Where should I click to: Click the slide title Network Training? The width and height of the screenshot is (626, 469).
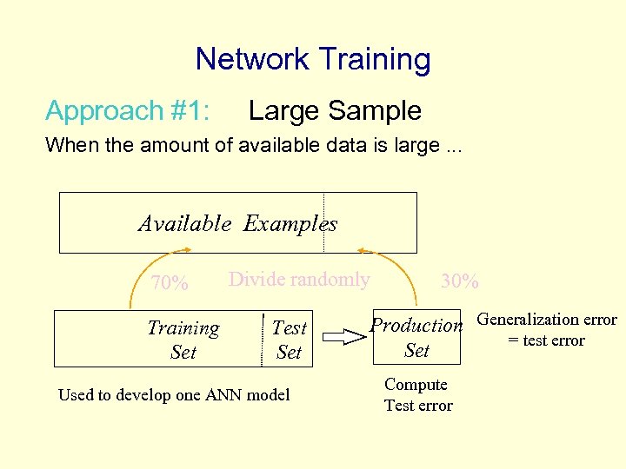(x=313, y=59)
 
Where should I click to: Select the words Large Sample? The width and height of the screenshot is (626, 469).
(x=335, y=111)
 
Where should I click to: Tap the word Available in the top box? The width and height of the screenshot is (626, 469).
(x=185, y=224)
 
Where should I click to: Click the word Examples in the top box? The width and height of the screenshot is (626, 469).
(x=290, y=224)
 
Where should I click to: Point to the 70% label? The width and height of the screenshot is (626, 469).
(x=170, y=283)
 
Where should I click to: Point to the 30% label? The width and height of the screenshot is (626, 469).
(x=459, y=281)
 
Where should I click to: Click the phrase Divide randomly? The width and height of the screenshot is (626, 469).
(x=299, y=280)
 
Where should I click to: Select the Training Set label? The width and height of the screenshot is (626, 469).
(x=183, y=340)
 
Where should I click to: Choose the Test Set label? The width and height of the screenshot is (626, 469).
(x=289, y=340)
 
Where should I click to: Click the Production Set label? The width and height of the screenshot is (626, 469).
(x=417, y=337)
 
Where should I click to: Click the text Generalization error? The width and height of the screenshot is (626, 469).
(x=547, y=320)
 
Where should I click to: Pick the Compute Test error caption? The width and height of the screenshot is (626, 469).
(x=417, y=395)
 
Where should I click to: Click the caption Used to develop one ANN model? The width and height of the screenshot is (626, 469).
(x=174, y=395)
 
